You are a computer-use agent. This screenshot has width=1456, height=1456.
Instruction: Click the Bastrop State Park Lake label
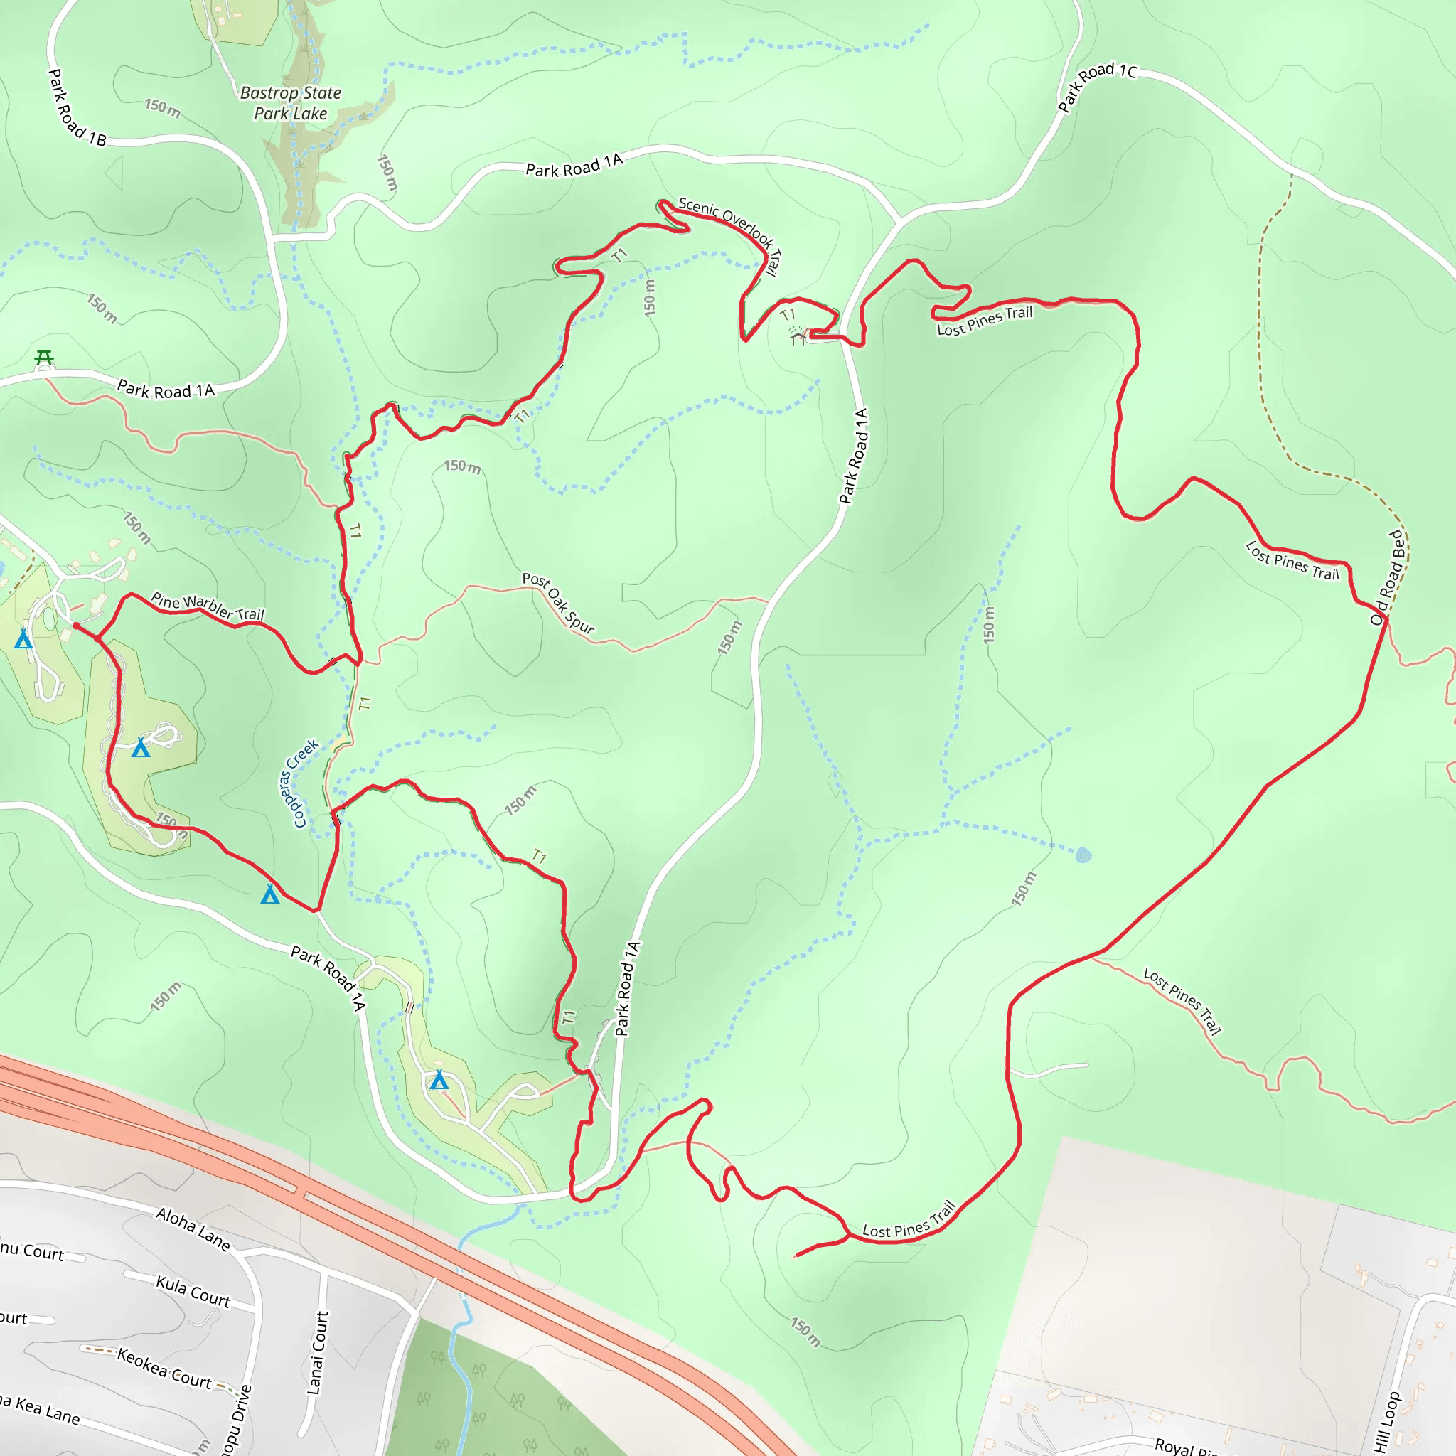[290, 103]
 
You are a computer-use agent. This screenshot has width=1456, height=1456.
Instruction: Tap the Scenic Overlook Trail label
[731, 235]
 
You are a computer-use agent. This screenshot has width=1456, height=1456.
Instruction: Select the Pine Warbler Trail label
[208, 606]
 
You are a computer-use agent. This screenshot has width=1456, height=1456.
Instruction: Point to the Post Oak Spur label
[558, 602]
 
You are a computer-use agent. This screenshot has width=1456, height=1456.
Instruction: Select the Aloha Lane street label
[193, 1229]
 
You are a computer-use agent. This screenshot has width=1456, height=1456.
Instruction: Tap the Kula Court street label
[193, 1291]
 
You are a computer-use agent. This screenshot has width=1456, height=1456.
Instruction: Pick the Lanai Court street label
[318, 1353]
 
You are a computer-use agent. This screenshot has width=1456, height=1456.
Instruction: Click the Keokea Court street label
[164, 1369]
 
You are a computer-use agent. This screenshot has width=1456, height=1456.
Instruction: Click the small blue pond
[1083, 855]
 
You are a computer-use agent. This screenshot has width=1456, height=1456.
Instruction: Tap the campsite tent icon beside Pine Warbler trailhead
[24, 639]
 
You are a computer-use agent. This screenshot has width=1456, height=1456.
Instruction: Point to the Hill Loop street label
[1386, 1420]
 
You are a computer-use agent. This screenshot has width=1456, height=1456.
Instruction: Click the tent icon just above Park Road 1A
[269, 894]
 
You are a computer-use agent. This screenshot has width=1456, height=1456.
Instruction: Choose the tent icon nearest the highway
[439, 1081]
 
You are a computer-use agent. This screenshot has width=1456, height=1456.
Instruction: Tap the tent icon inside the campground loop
[141, 748]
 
